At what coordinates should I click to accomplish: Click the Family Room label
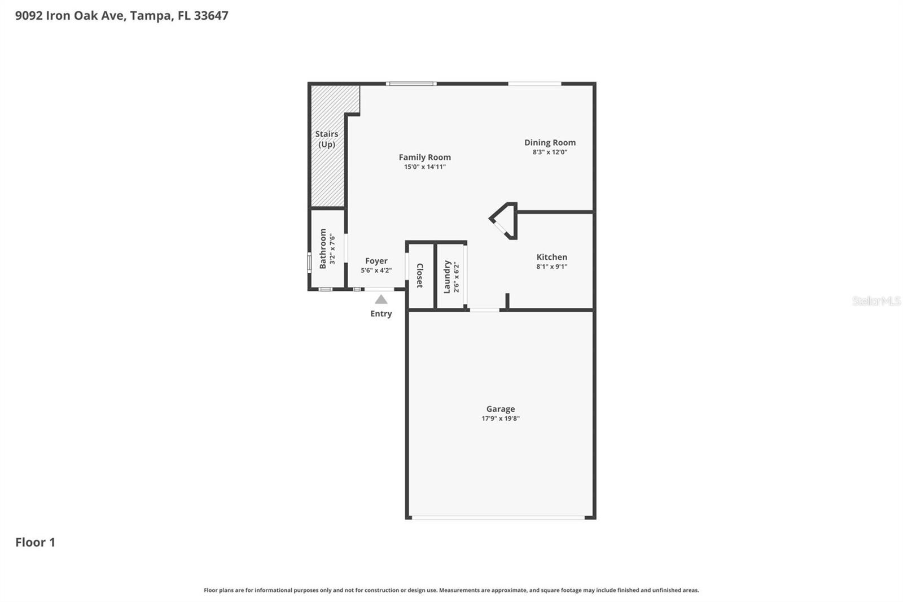point(424,158)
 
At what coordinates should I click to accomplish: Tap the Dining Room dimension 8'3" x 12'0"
point(550,152)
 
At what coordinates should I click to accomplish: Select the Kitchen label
point(551,257)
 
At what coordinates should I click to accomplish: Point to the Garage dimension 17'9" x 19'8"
point(500,418)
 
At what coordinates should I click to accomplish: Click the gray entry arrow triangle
point(381,300)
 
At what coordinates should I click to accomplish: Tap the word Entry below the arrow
point(381,314)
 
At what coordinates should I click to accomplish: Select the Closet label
point(420,276)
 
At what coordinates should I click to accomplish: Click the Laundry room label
point(447,277)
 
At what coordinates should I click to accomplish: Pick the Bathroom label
point(323,248)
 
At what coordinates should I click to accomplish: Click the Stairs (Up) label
point(326,139)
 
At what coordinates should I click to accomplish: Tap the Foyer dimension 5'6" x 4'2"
point(376,271)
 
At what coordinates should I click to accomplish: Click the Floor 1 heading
point(35,542)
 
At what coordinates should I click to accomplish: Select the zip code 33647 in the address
point(211,15)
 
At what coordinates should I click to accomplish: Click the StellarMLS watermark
point(876,301)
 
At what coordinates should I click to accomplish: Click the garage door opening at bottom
point(500,517)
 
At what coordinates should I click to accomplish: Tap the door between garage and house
point(484,310)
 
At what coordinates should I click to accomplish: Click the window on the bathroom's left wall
point(309,262)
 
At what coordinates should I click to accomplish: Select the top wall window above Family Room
point(411,84)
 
